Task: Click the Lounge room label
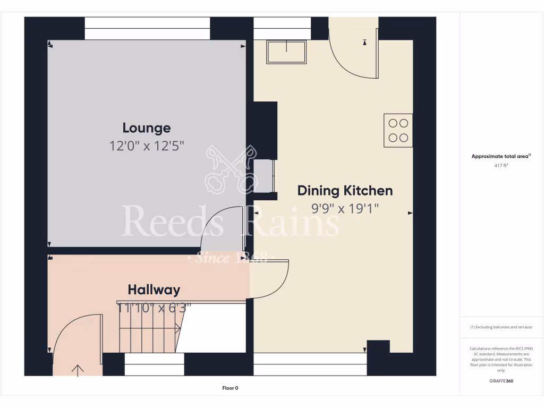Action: click(147, 128)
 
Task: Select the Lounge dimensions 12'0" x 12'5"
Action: click(147, 146)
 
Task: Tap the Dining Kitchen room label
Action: click(345, 190)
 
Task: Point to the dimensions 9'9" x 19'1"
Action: click(345, 208)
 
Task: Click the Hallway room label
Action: click(154, 290)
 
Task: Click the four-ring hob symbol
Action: click(398, 130)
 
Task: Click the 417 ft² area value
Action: click(501, 166)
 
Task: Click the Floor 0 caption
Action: click(230, 388)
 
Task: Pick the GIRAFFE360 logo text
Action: click(501, 381)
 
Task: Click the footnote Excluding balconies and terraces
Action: click(501, 327)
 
